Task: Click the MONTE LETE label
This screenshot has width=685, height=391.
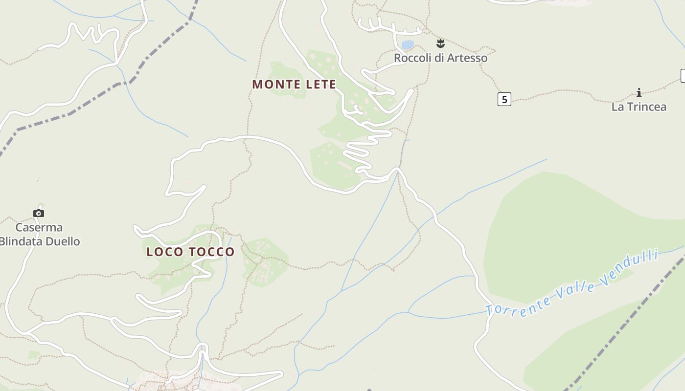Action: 294,84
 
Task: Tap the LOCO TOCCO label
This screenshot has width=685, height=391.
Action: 190,252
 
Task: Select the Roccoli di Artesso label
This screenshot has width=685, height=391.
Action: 440,58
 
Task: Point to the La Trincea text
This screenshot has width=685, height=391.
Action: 639,107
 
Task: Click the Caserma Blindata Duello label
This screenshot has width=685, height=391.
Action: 39,234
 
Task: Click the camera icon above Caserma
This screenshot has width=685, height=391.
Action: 39,213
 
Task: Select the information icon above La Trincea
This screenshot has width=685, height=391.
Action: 639,92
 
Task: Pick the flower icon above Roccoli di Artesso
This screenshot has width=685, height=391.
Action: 440,43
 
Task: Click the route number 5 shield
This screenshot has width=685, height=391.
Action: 504,99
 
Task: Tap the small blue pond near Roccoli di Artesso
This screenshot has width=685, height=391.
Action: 408,44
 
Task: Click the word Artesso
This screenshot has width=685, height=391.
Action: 467,58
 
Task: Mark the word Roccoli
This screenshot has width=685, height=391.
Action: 412,58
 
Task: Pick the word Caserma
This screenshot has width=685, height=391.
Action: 39,227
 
